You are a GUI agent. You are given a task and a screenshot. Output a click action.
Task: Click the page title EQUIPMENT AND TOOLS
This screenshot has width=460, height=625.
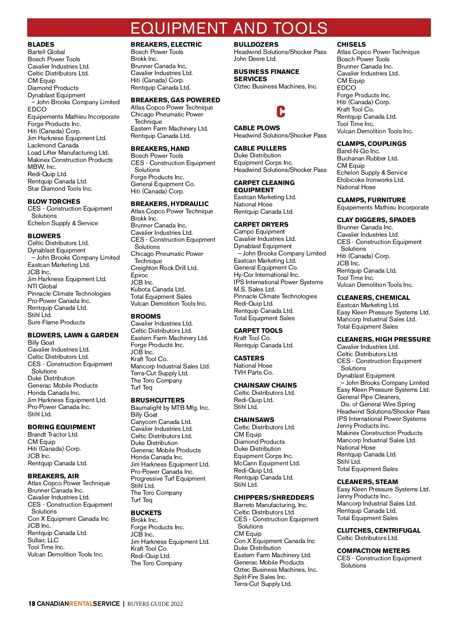point(229,28)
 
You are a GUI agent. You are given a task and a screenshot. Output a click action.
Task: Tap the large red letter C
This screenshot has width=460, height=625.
point(281,111)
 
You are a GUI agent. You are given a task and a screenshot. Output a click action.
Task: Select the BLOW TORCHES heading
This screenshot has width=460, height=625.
point(54,201)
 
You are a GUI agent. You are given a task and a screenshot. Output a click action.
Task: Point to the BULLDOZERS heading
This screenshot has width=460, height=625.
point(256,44)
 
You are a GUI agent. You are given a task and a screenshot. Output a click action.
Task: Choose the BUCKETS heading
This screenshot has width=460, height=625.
point(146,513)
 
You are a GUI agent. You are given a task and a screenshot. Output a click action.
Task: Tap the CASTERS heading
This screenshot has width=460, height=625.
point(249,358)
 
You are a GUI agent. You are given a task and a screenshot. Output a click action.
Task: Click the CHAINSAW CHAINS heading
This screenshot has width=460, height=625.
point(265,385)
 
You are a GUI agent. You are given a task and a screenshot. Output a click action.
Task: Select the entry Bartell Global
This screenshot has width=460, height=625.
point(46,52)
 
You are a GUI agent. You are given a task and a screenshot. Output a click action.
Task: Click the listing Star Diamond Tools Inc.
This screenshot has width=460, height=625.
point(60,188)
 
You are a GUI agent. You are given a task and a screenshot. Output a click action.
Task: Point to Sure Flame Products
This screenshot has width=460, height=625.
point(56,322)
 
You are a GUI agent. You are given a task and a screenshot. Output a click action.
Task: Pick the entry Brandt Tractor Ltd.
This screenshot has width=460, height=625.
point(53,434)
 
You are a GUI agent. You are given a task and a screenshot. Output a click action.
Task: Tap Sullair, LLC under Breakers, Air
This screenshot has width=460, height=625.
point(43,540)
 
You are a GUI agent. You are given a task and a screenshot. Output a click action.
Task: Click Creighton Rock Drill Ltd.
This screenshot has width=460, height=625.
point(164,268)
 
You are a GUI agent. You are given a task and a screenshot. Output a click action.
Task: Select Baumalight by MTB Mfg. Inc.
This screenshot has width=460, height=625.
point(170,407)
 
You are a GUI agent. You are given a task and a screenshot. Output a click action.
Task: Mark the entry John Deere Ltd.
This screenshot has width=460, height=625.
point(255,59)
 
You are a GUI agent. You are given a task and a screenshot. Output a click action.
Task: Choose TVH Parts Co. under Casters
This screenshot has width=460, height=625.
point(253,372)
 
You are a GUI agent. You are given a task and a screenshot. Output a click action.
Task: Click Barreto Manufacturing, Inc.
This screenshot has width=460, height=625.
point(271,505)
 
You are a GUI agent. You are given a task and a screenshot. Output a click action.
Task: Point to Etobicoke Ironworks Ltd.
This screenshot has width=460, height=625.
point(370,180)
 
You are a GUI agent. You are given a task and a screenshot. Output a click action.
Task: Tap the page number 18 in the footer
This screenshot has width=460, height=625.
point(32,604)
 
